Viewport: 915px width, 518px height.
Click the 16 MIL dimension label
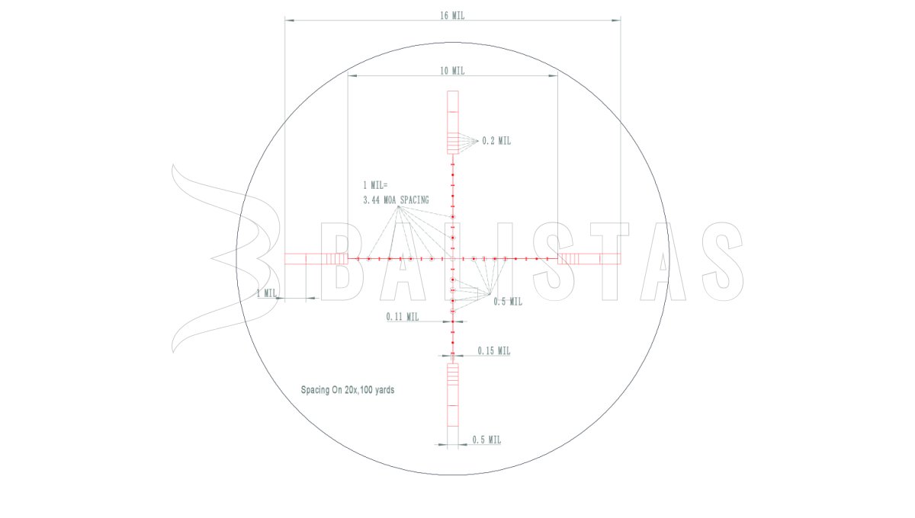tap(452, 15)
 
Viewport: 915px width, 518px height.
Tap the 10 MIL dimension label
tap(452, 71)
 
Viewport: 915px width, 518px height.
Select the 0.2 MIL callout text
tap(496, 141)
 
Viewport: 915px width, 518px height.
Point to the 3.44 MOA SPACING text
tap(396, 200)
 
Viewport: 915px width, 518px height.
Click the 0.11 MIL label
tap(403, 317)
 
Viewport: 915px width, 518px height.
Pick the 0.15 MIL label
tap(494, 350)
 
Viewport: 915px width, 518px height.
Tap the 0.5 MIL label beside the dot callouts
tap(508, 302)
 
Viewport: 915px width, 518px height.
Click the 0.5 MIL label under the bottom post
tap(486, 440)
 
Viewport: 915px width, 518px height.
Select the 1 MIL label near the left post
tap(266, 293)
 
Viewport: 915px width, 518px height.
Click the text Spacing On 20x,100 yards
tap(348, 390)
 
